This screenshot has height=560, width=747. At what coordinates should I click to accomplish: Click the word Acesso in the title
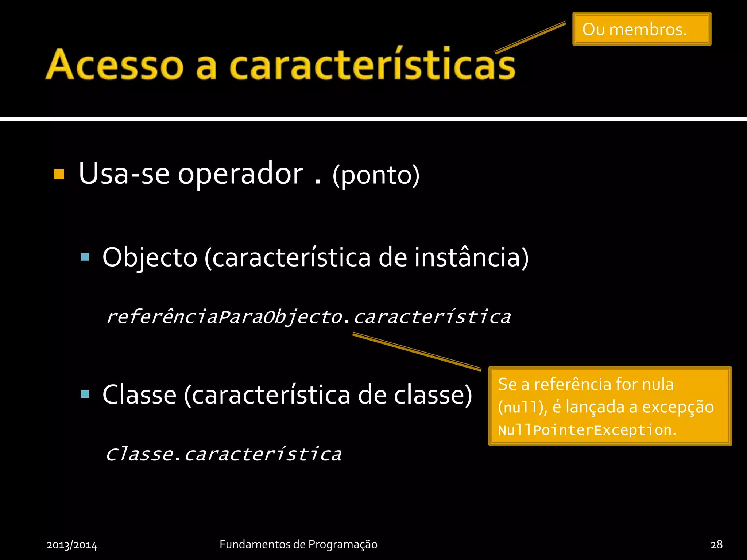pyautogui.click(x=114, y=65)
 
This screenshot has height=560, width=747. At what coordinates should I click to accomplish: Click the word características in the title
pyautogui.click(x=372, y=65)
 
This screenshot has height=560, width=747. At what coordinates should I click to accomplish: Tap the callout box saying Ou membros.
pyautogui.click(x=641, y=29)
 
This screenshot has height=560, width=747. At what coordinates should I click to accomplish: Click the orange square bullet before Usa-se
pyautogui.click(x=59, y=174)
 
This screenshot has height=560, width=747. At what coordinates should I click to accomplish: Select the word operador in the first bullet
pyautogui.click(x=240, y=174)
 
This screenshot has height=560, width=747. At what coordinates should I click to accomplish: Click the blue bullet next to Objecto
pyautogui.click(x=85, y=257)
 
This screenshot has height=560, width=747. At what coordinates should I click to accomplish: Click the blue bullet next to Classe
pyautogui.click(x=85, y=394)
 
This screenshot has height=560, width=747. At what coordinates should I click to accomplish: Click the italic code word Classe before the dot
pyautogui.click(x=139, y=454)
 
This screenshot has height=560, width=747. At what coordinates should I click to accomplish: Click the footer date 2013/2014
pyautogui.click(x=72, y=545)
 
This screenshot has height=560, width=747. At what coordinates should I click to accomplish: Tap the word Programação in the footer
pyautogui.click(x=342, y=544)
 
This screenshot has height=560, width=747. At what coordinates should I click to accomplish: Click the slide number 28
pyautogui.click(x=716, y=544)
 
